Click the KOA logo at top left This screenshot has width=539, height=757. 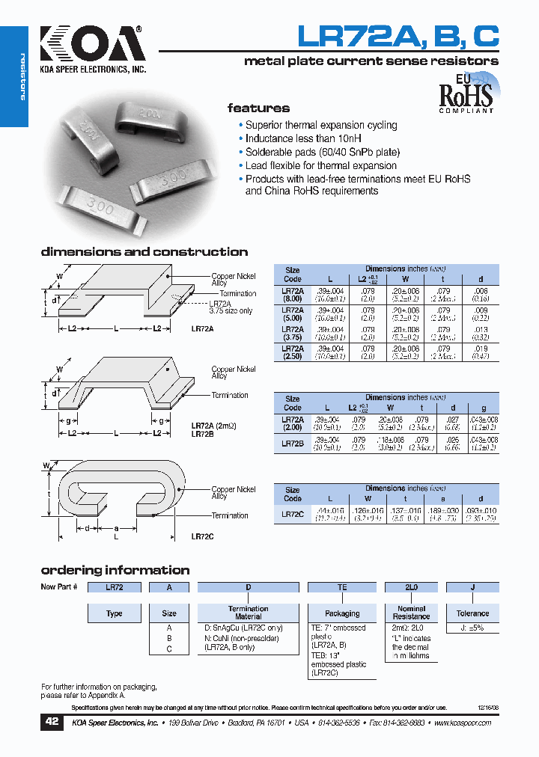(x=91, y=46)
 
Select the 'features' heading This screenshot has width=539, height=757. (x=258, y=108)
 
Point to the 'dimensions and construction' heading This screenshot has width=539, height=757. (x=144, y=252)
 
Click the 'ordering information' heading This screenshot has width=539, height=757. (x=115, y=570)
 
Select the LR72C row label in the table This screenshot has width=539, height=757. (x=293, y=514)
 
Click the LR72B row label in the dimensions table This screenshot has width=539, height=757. (x=293, y=444)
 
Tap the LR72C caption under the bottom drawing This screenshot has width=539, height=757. (x=202, y=536)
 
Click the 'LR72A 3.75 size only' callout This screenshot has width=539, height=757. (x=231, y=307)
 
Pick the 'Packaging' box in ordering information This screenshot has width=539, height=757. (x=342, y=613)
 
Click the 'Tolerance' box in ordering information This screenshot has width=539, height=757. (x=472, y=613)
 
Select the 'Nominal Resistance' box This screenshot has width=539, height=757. (x=411, y=613)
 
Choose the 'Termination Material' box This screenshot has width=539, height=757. (x=249, y=613)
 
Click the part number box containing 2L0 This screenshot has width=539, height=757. (x=411, y=588)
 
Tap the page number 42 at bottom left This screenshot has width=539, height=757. (x=50, y=723)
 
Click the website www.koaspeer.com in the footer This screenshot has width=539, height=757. (x=463, y=723)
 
